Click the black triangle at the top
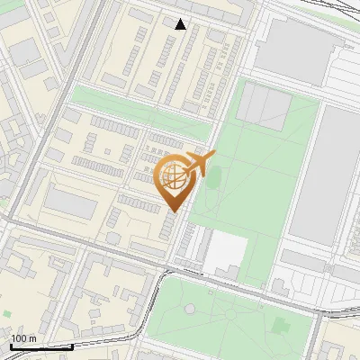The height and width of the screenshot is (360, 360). (x=181, y=24)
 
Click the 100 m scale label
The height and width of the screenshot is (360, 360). (x=23, y=338)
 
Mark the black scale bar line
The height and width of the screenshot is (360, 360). (x=41, y=346)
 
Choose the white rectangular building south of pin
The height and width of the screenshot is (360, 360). (x=226, y=255)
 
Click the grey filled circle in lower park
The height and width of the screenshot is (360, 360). (x=190, y=309)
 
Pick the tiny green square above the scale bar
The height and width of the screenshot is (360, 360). (x=7, y=314)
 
